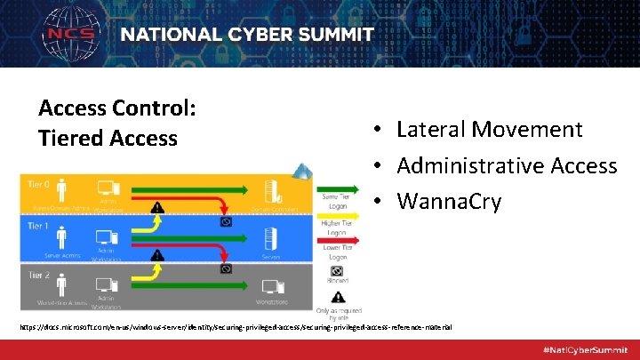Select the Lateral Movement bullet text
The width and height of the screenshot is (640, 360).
coord(489,130)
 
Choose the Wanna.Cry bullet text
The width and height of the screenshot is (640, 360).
coord(449,202)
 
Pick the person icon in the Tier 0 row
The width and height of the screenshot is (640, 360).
coord(62,189)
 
